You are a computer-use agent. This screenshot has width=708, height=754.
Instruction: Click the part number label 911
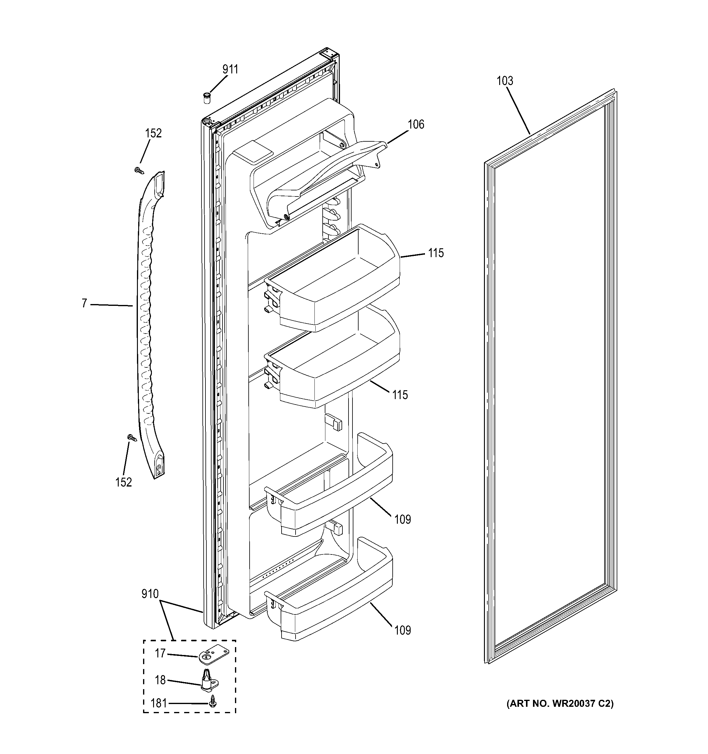(230, 69)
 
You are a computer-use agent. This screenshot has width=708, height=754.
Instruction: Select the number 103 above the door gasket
(505, 81)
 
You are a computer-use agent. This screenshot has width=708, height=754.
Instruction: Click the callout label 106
(416, 124)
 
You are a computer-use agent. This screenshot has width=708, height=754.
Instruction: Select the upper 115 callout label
(436, 253)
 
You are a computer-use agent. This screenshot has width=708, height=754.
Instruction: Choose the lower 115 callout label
(400, 395)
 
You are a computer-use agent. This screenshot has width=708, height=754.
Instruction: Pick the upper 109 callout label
(402, 519)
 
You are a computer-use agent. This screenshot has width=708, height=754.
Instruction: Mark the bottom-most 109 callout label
(402, 630)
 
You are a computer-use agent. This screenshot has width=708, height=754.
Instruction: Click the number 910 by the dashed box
(150, 593)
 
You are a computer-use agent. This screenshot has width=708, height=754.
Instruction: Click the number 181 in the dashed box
(158, 703)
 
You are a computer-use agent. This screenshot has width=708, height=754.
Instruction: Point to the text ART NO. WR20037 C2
(560, 703)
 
